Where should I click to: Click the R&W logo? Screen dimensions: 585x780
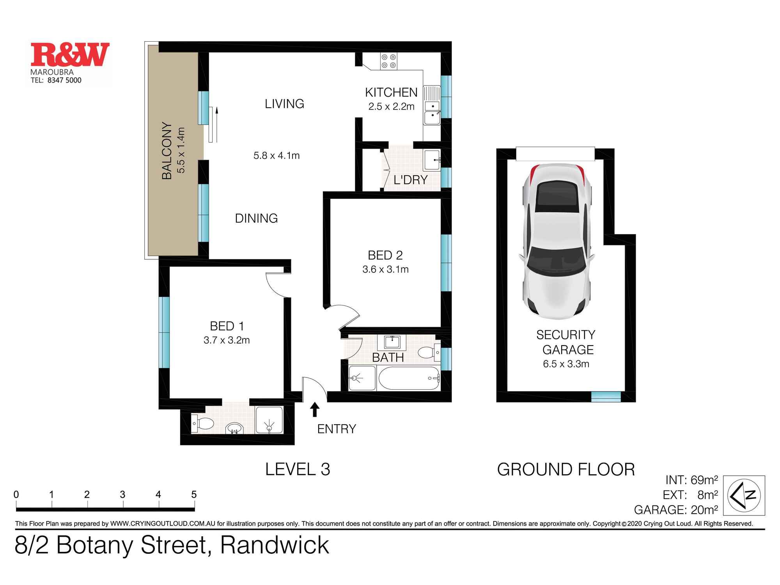(x=70, y=55)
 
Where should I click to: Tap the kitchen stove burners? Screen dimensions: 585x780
(x=389, y=61)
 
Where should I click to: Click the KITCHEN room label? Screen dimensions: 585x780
(x=391, y=92)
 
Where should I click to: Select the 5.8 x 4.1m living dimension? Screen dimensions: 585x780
(x=277, y=156)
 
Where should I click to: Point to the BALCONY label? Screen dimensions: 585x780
(x=167, y=151)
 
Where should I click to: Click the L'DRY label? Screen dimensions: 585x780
(x=410, y=180)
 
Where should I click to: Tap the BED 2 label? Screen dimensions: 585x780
(x=385, y=255)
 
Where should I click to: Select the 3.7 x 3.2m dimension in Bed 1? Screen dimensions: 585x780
(x=227, y=340)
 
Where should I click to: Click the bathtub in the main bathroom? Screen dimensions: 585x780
(x=408, y=378)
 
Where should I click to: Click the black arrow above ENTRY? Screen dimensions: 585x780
(x=315, y=409)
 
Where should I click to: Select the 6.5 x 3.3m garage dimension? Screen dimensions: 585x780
(x=566, y=364)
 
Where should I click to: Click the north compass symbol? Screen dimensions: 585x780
(x=744, y=495)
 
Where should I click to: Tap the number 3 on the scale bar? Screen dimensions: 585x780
(x=122, y=495)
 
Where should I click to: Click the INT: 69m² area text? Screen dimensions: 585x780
(x=691, y=480)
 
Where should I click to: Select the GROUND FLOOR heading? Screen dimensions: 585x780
(x=565, y=470)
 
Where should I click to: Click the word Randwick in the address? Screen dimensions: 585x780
(x=275, y=545)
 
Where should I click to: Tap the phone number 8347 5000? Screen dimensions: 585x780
(x=64, y=80)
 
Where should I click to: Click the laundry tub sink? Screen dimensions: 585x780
(x=432, y=160)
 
